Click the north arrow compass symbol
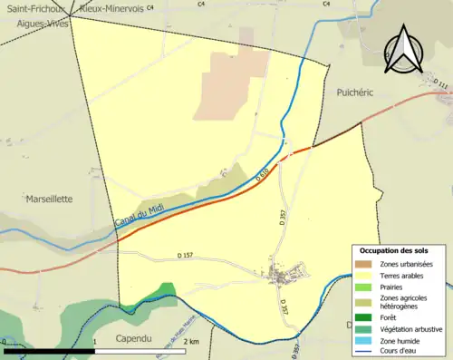[405, 55]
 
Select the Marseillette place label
[48, 198]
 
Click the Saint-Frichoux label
[25, 7]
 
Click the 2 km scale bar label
[190, 342]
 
